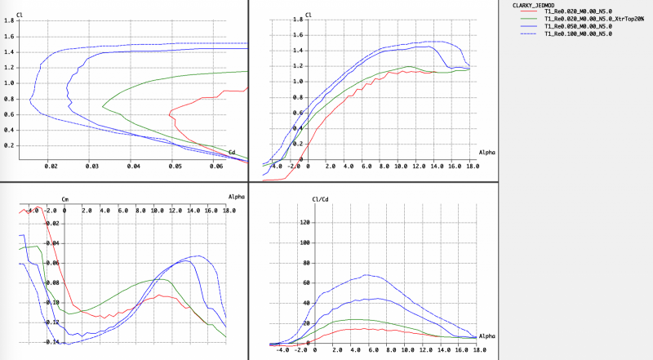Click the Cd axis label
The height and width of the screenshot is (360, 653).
[232, 152]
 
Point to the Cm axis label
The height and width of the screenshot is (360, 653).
[66, 198]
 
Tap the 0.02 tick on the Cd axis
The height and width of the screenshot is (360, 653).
[51, 167]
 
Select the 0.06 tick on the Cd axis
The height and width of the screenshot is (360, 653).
[216, 167]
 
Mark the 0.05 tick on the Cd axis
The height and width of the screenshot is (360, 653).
[175, 167]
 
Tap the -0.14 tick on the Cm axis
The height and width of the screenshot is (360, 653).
[52, 342]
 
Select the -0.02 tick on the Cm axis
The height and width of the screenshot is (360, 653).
[52, 223]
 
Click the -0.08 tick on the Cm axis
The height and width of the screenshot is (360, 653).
[52, 282]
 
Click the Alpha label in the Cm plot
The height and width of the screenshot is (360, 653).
[237, 197]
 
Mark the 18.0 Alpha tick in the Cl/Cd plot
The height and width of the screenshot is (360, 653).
[471, 350]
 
